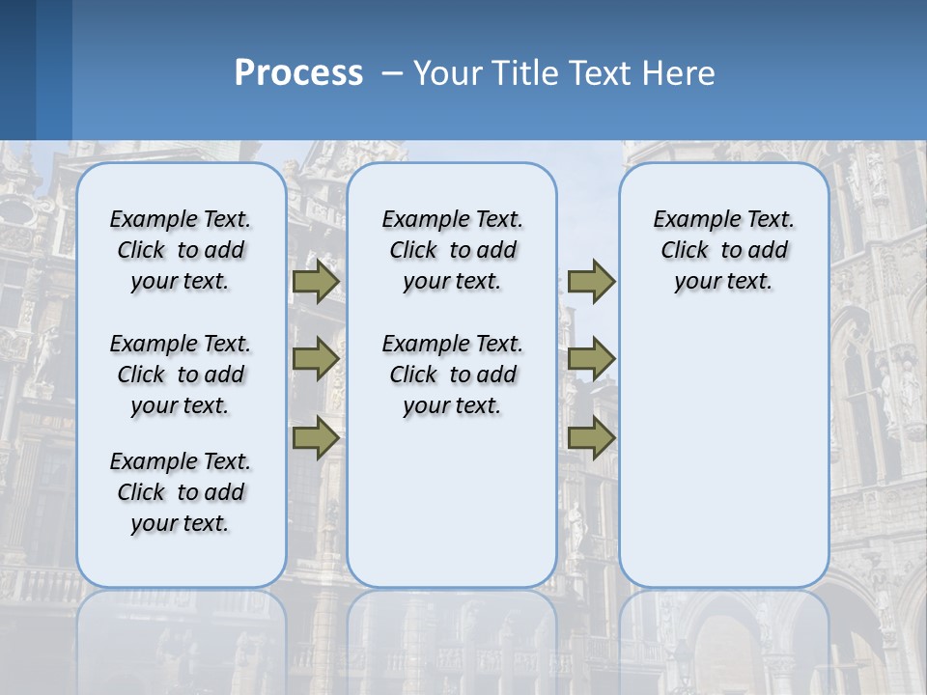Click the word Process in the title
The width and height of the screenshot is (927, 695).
point(298,73)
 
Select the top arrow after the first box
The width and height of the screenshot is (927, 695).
point(316,282)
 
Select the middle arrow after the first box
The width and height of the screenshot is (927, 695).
point(316,359)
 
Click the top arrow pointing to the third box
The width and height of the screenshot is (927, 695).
point(591,282)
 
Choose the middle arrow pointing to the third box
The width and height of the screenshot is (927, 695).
point(591,359)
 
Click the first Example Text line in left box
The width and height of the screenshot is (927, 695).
point(181,219)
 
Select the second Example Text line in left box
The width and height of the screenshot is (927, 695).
point(181,344)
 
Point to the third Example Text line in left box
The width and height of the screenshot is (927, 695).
point(181,461)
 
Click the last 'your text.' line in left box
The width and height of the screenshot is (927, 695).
point(181,523)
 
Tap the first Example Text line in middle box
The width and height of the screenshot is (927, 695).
point(453,219)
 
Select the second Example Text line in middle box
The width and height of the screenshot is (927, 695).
point(453,344)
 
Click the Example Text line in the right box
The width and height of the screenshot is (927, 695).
point(724,219)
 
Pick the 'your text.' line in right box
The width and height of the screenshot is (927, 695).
point(724,281)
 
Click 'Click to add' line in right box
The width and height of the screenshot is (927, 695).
point(724,250)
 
